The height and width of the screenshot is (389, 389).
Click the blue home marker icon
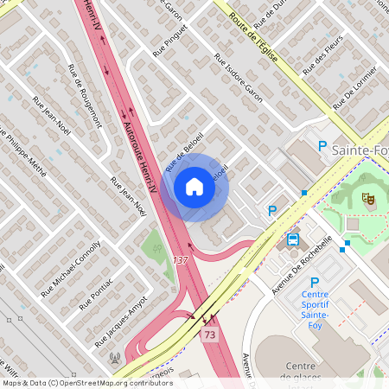coord(194,187)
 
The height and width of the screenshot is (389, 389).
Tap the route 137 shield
coord(180,260)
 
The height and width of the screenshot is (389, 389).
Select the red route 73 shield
coord(208,334)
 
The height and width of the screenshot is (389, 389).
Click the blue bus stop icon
coord(293,239)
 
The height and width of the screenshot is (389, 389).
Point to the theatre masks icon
coord(368,198)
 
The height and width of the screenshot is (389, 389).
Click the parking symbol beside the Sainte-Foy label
coord(322,147)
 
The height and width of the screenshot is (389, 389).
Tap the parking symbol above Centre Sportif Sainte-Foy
coord(315,282)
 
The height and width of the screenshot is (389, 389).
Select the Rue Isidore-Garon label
coord(239,80)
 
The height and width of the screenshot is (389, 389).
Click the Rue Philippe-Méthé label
coord(23,151)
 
